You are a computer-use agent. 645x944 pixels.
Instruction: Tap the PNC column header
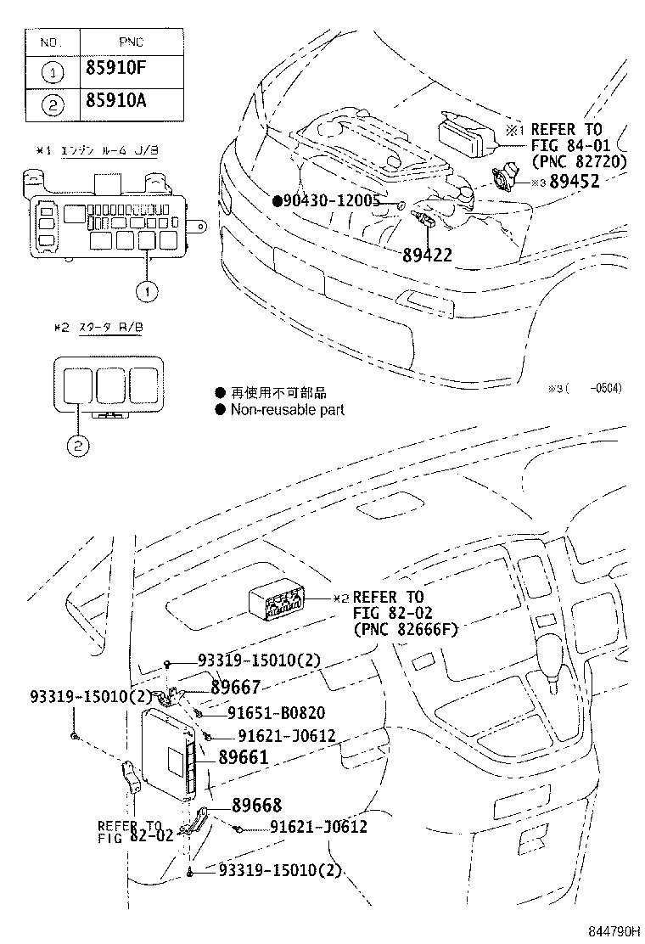(132, 40)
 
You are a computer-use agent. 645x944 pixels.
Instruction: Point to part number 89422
(428, 254)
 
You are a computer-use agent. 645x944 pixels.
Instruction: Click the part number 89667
(235, 688)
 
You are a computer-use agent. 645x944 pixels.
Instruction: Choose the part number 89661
(244, 756)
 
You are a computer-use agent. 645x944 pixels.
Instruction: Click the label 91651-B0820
(276, 712)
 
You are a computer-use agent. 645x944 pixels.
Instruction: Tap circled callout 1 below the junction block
(146, 291)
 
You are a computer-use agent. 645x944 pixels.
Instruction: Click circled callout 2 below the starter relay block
(78, 444)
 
